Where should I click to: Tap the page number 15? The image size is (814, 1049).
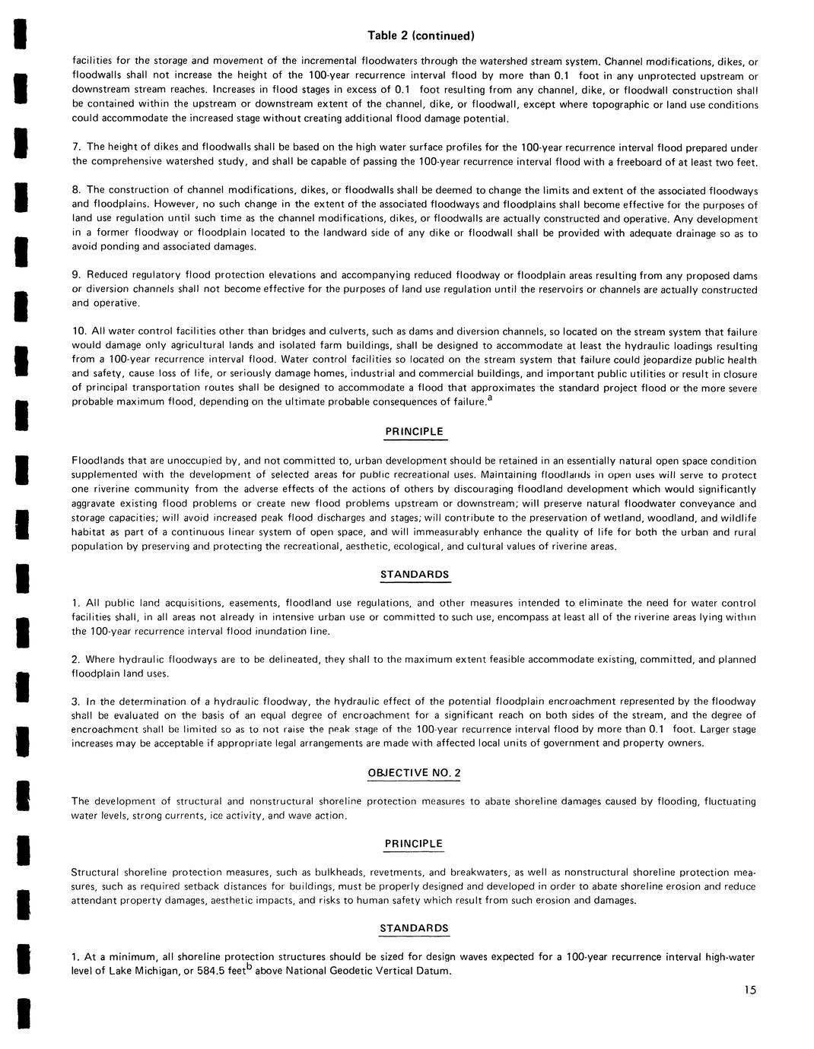751,990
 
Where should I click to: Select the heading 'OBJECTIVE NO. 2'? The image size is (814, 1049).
415,773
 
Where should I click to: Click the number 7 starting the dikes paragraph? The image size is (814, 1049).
75,147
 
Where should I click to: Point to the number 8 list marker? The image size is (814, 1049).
75,189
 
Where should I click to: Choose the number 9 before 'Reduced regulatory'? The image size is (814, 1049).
75,274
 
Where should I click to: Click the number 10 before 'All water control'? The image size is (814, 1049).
78,331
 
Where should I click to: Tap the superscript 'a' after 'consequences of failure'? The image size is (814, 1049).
490,398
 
